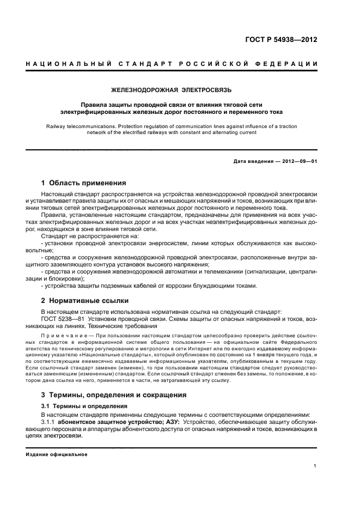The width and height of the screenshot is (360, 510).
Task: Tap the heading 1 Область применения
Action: [84, 183]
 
